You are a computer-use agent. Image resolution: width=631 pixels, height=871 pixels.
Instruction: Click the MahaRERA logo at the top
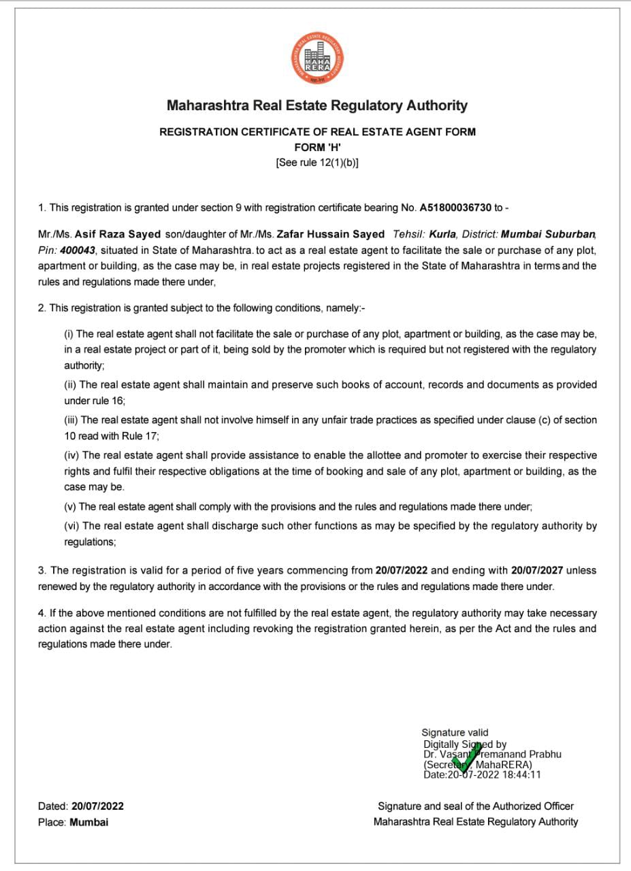click(317, 59)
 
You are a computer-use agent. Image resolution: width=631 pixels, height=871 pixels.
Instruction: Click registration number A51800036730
click(455, 207)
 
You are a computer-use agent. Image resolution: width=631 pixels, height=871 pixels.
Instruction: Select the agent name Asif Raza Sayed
click(117, 234)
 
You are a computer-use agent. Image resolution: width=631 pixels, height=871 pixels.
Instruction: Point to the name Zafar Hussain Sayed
click(330, 234)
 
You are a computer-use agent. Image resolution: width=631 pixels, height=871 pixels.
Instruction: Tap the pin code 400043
click(78, 250)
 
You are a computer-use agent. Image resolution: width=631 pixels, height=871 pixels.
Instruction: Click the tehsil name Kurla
click(442, 234)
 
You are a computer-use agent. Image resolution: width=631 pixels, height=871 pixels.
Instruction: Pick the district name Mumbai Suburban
click(548, 234)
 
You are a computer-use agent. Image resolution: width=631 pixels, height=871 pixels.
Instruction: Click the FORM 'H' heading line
click(317, 147)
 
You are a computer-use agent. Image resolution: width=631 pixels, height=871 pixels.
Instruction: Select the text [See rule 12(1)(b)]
click(317, 163)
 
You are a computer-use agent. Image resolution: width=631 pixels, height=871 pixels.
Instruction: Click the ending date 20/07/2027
click(537, 570)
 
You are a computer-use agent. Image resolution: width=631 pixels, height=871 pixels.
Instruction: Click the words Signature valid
click(455, 732)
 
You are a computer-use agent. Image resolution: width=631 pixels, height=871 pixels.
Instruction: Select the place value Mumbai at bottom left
click(88, 822)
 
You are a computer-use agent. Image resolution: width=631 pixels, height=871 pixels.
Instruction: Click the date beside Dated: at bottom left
click(97, 806)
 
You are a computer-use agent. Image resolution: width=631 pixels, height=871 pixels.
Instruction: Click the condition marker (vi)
click(71, 526)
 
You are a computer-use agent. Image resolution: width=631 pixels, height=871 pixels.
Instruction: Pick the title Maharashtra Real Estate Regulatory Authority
click(317, 105)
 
